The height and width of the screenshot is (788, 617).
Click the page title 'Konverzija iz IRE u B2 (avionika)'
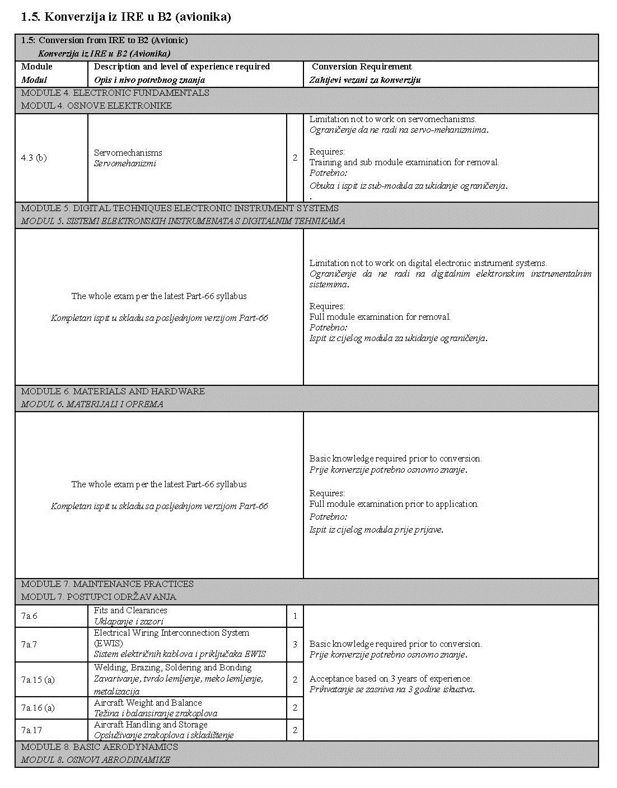(125, 17)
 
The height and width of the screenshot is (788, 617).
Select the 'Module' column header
(36, 67)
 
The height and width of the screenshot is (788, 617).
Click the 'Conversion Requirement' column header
(362, 67)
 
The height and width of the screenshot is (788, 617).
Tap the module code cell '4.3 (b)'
(34, 157)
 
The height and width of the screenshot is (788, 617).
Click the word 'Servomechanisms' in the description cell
(128, 152)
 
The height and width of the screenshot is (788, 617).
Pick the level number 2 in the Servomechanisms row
(295, 157)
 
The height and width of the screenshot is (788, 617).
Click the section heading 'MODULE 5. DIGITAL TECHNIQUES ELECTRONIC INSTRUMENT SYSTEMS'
(180, 208)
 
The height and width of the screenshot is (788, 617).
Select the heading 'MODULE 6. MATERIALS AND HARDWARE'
(113, 391)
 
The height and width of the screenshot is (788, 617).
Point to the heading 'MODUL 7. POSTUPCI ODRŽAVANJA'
(99, 597)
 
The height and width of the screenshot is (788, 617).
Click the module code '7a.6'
(29, 616)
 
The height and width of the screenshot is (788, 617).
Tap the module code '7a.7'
(29, 645)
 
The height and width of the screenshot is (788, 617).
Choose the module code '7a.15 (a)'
(38, 679)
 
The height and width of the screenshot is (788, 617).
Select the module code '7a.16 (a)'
(38, 707)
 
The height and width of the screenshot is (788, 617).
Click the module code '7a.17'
(31, 730)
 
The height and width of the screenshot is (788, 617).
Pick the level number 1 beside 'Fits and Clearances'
(295, 616)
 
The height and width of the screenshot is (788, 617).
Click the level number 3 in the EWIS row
(295, 645)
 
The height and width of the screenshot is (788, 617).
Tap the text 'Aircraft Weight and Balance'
(148, 702)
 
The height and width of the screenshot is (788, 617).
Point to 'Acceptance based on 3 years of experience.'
(390, 678)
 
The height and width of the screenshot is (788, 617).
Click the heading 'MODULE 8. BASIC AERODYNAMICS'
(100, 747)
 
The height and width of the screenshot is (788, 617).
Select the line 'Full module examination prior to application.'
(394, 503)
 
